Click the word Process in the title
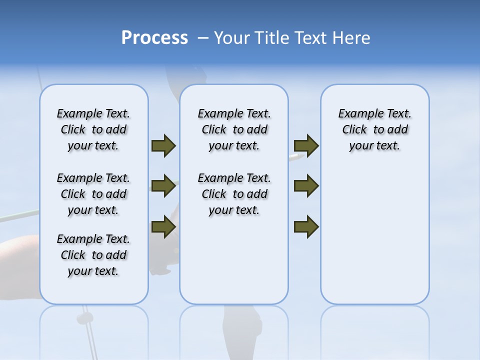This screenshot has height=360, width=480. click(x=154, y=38)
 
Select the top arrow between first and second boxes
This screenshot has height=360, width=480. click(x=163, y=146)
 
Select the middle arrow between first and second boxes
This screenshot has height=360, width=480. click(x=163, y=186)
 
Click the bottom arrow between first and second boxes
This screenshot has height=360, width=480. click(x=163, y=227)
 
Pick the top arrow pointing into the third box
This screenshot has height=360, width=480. click(x=306, y=146)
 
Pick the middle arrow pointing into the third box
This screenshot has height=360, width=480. click(x=306, y=186)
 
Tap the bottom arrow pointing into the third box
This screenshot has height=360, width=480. click(x=306, y=227)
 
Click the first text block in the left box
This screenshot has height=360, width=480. click(x=93, y=129)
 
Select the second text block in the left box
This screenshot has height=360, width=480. click(x=93, y=194)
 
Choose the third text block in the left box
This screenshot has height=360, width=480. click(x=93, y=255)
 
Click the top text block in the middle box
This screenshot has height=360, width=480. click(x=234, y=129)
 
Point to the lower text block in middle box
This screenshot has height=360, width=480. click(x=234, y=194)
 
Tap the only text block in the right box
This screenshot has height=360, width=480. click(x=374, y=129)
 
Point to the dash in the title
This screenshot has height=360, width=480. click(x=203, y=38)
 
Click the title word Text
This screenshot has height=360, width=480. click(x=309, y=38)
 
